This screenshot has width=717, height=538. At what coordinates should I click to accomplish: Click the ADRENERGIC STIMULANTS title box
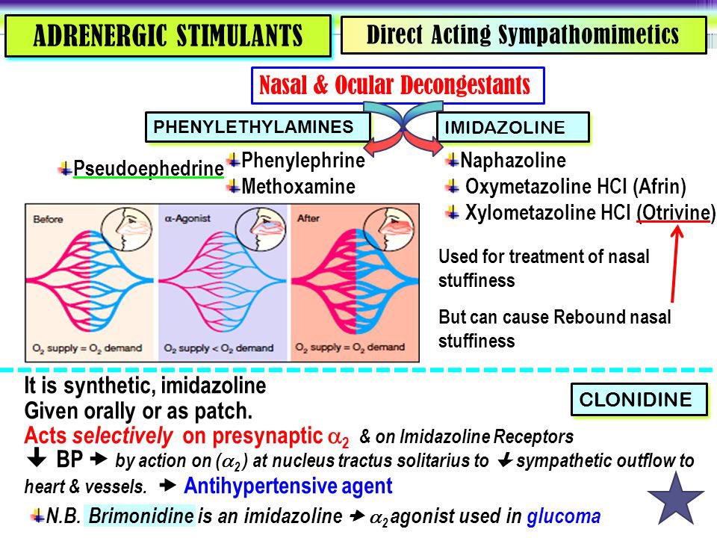coord(167,36)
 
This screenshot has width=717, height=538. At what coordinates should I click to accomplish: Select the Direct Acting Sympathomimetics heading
coord(523,35)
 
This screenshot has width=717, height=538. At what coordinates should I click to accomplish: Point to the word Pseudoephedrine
coord(148,170)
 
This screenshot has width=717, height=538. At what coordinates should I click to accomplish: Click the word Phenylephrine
coord(302,161)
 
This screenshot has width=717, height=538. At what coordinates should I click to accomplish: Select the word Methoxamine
coord(298,186)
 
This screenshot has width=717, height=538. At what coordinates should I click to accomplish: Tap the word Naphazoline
coord(513,161)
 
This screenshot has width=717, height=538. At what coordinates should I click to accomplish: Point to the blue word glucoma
coord(563,516)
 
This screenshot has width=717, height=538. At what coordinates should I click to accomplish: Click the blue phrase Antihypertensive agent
coord(288,486)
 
